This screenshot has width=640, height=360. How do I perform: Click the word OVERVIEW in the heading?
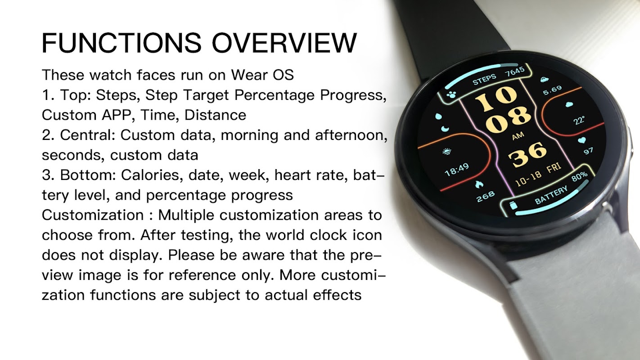(x=284, y=43)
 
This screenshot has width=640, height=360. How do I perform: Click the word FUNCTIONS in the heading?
(x=122, y=43)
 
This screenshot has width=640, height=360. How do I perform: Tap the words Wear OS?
(x=262, y=75)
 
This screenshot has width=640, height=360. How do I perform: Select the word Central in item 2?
(x=87, y=135)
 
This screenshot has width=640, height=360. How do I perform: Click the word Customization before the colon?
(x=93, y=215)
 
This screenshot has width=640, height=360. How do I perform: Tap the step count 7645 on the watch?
(x=515, y=72)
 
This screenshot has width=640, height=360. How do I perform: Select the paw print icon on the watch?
(x=452, y=94)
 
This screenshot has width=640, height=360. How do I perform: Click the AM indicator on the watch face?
(x=518, y=136)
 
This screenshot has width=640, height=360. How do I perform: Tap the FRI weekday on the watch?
(x=554, y=167)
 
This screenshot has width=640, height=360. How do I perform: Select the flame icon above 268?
(x=479, y=184)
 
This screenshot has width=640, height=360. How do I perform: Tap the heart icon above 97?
(x=581, y=140)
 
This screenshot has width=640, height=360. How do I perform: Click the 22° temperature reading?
(x=579, y=120)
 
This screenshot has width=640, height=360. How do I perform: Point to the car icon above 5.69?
(x=545, y=80)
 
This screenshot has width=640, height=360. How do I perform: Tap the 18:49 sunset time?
(x=457, y=170)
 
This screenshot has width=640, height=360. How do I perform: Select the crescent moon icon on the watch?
(x=445, y=129)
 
